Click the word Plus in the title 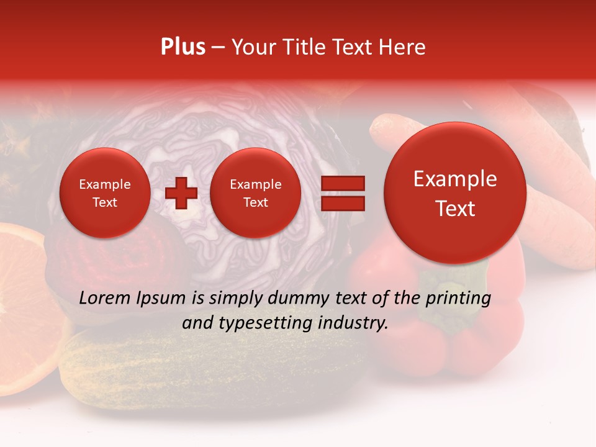183,47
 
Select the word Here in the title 402,47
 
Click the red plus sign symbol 181,193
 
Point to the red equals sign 343,193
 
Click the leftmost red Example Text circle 104,193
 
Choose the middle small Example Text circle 255,193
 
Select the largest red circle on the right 455,193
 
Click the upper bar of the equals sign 343,183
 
